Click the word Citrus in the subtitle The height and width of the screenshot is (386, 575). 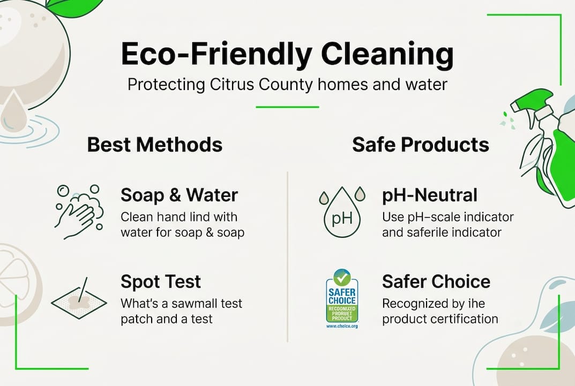[x=234, y=85]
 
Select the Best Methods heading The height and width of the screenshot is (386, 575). [x=155, y=145]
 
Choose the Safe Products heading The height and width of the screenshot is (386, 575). [x=421, y=145]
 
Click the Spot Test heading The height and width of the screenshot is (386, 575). [x=161, y=281]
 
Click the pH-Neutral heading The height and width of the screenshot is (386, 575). [x=430, y=195]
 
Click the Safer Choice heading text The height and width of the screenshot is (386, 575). [x=436, y=281]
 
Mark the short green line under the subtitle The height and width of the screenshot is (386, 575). [x=287, y=107]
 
